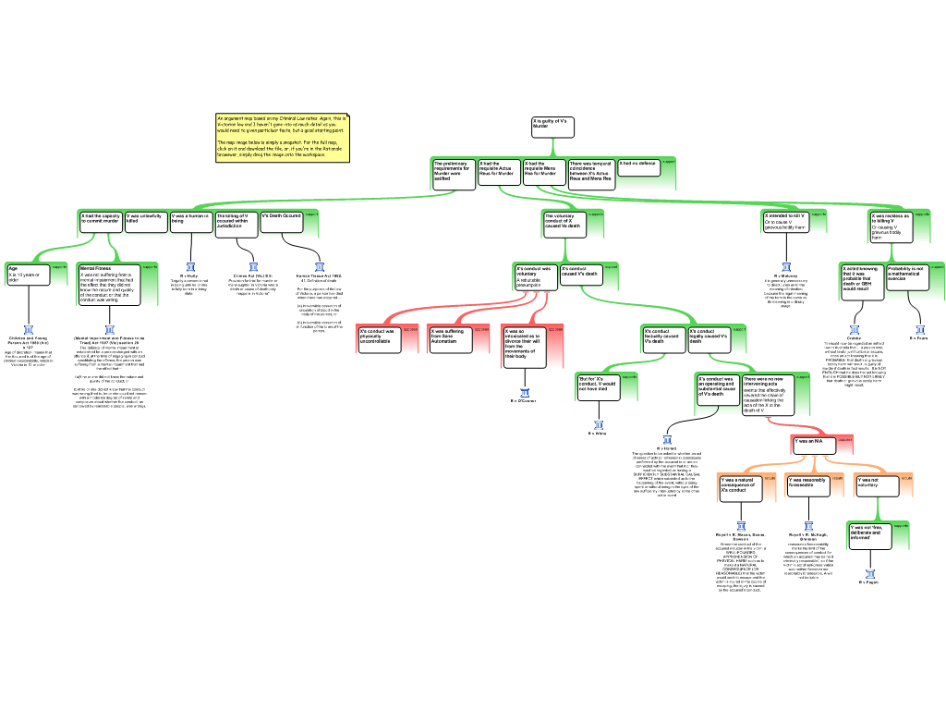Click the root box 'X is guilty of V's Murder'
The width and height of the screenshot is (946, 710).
(x=552, y=128)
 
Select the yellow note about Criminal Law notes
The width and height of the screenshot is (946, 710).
(x=282, y=137)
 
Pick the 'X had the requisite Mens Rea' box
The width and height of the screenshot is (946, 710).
(x=543, y=173)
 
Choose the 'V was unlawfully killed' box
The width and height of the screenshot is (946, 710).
(x=146, y=222)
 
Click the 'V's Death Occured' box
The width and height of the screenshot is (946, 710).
(x=281, y=222)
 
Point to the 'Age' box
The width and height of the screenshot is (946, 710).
(x=28, y=275)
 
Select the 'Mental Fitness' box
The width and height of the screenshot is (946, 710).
(x=109, y=285)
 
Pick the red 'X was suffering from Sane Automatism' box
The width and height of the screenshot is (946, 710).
(x=451, y=338)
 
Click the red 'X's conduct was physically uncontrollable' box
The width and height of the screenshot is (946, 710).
(x=379, y=338)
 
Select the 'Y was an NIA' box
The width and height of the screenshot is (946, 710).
(x=813, y=445)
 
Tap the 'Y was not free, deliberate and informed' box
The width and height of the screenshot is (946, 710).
(x=869, y=535)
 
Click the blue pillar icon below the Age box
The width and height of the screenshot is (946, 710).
(x=29, y=330)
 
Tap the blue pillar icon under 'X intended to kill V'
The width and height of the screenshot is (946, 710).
(x=786, y=267)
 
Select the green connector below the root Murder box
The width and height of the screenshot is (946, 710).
(x=552, y=148)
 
